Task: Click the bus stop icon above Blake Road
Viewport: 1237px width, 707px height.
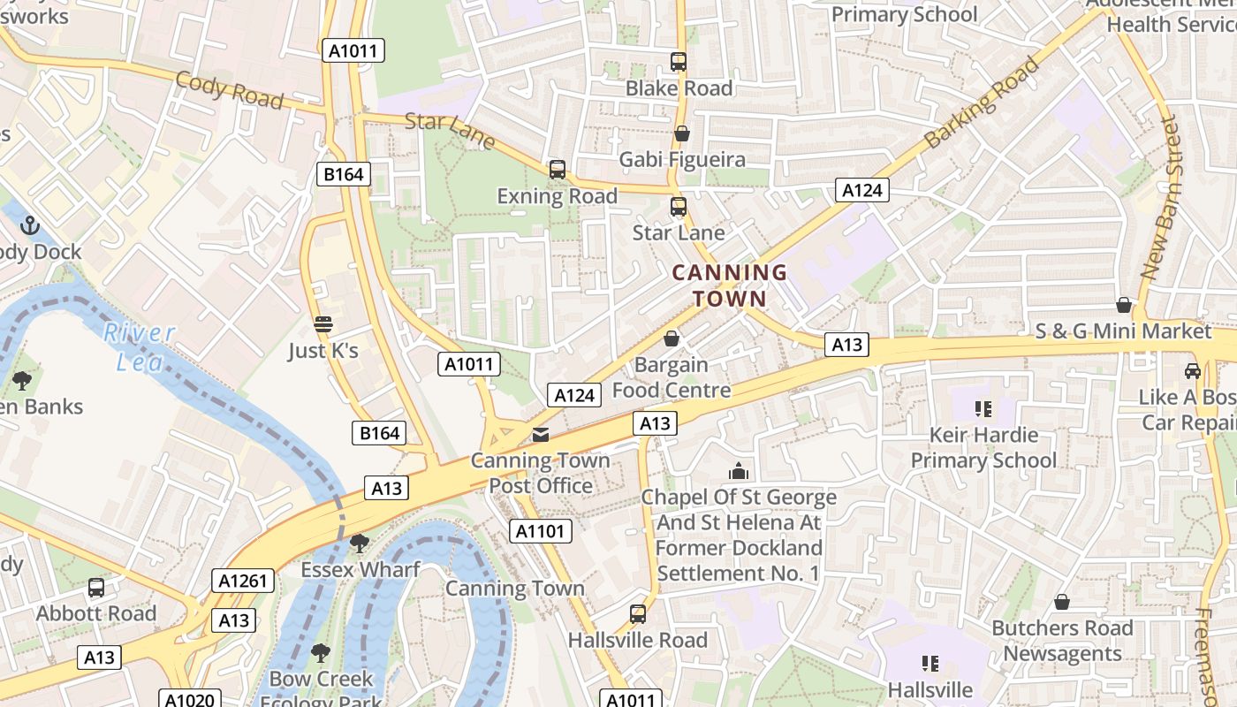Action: pos(679,62)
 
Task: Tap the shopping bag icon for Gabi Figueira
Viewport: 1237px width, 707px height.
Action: pos(681,133)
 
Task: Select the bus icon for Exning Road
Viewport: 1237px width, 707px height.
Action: pos(557,170)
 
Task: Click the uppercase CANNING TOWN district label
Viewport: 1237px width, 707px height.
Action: pos(729,285)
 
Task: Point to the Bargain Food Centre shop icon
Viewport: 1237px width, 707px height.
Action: pos(672,338)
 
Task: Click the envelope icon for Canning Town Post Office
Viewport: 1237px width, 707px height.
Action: pos(540,434)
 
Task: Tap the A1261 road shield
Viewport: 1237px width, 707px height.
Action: pos(243,581)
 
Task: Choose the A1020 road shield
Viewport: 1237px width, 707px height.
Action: pos(189,699)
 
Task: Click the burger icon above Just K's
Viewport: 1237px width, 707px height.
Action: pos(323,324)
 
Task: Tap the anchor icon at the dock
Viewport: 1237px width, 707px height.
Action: pos(30,225)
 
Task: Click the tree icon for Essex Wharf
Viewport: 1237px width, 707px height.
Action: pos(359,543)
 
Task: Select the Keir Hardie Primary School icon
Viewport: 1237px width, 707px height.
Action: pos(983,408)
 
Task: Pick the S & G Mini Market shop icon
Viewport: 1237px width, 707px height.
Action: pos(1123,305)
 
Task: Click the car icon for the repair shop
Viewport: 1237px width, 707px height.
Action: pos(1192,371)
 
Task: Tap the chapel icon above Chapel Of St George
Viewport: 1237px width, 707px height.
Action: pos(739,471)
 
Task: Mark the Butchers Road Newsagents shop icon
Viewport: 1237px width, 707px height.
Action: pos(1061,602)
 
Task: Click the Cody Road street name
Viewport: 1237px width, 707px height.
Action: pos(229,90)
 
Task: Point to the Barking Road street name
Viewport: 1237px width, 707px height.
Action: pos(982,103)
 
